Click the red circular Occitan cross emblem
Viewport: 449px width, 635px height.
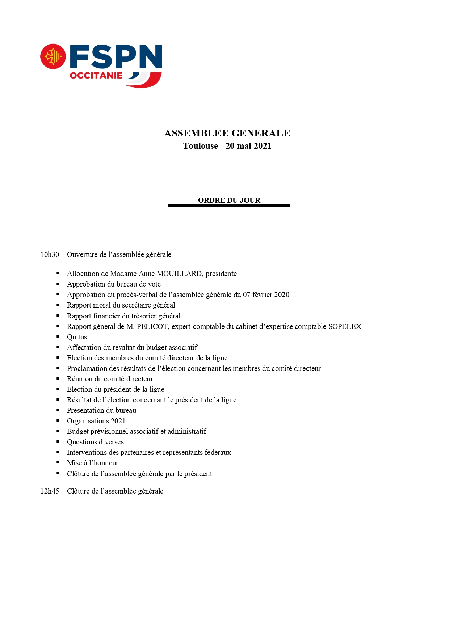pos(53,56)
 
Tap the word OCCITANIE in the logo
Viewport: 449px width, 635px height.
pos(96,76)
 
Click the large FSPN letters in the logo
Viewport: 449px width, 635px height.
pos(116,56)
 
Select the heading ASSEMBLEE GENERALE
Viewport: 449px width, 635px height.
pos(227,133)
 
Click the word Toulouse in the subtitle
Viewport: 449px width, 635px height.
pos(200,146)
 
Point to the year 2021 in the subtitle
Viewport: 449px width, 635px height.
pos(263,146)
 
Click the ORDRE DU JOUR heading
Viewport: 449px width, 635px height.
pos(229,200)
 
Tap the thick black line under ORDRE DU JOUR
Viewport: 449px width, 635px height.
pos(229,206)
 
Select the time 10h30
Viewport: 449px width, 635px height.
pos(50,255)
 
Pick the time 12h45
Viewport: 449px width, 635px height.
pos(50,491)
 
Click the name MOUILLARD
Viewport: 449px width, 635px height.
pos(179,274)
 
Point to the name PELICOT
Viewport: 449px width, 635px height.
pos(152,327)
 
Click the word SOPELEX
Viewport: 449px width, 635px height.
pos(345,327)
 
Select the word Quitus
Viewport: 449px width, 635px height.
pos(77,337)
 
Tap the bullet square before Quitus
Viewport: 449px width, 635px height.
pos(58,336)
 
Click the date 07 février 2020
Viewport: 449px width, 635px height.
pos(266,295)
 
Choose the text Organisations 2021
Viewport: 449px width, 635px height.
pos(96,421)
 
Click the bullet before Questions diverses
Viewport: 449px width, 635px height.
pos(58,441)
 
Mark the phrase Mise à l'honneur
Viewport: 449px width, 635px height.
pos(93,463)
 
